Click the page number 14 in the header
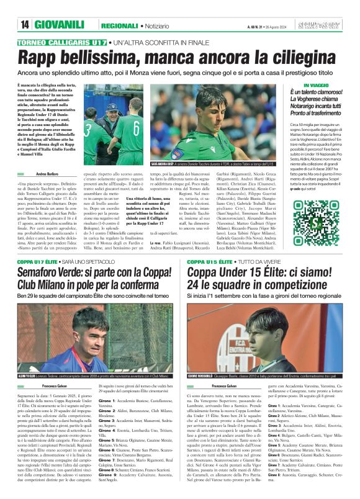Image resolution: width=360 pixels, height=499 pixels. [x=25, y=25]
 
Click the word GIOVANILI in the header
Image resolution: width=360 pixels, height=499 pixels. [x=60, y=25]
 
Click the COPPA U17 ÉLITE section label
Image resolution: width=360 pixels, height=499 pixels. [x=39, y=262]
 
